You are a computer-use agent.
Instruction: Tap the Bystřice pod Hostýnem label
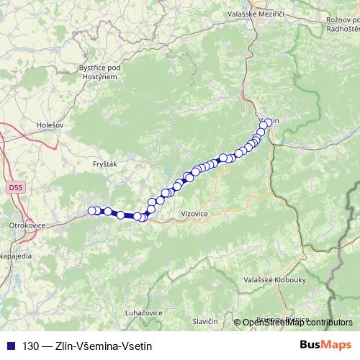coord(98,71)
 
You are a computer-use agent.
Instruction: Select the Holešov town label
coord(50,125)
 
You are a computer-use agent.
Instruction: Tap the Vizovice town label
coord(195,214)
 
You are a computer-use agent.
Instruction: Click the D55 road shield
coord(16,188)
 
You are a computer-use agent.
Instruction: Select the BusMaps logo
coord(325,345)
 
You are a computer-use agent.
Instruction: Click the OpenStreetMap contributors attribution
coord(297,323)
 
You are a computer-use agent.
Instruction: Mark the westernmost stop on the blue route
coord(92,210)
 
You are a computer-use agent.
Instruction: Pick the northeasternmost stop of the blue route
coord(270,122)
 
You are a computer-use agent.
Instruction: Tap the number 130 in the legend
coord(31,346)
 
